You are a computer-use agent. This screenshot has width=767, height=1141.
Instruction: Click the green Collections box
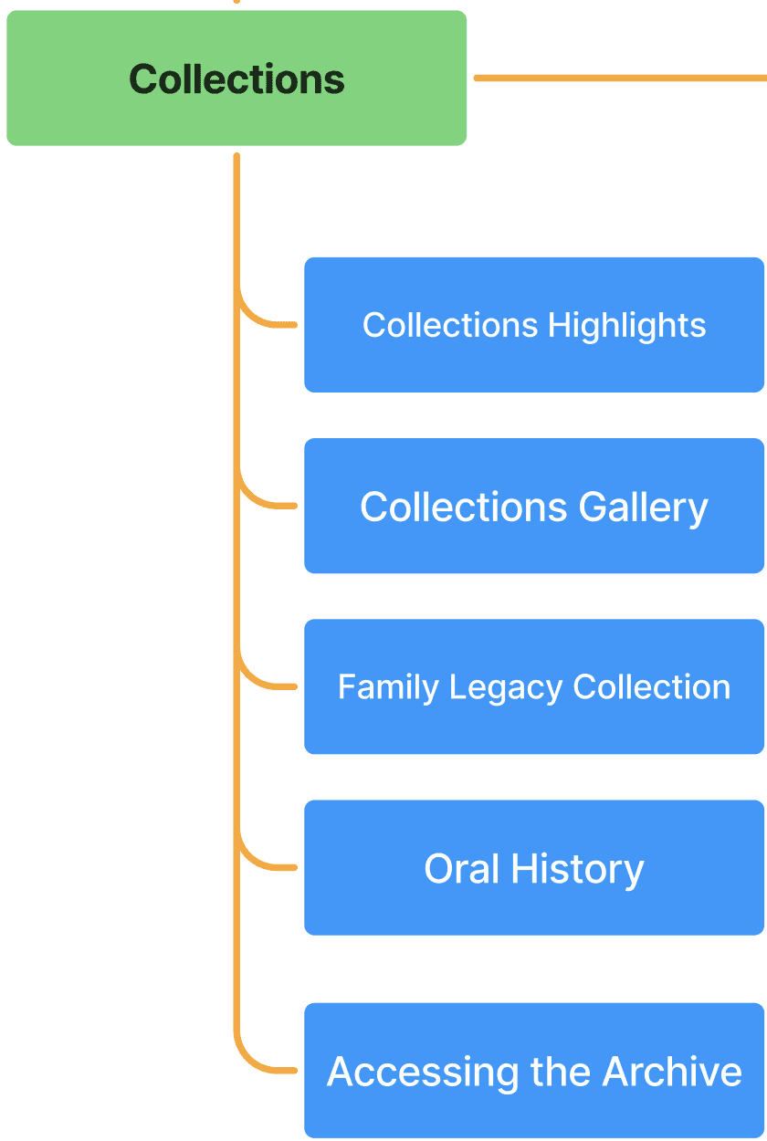point(236,79)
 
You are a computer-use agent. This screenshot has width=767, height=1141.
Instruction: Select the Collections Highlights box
point(534,325)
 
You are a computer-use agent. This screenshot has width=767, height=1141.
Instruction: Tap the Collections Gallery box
point(534,507)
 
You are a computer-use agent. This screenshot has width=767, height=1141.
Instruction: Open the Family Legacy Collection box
point(534,686)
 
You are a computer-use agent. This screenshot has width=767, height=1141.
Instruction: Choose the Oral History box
point(534,868)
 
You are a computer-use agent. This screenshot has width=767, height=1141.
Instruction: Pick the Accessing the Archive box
point(534,1071)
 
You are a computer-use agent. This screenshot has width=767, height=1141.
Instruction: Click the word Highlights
point(626,326)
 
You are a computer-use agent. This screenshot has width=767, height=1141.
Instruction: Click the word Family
point(388,686)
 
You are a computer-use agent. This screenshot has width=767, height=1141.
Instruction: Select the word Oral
point(462,868)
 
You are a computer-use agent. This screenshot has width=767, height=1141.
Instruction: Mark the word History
point(577,869)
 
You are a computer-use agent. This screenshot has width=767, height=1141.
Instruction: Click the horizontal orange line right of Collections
point(621,79)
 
